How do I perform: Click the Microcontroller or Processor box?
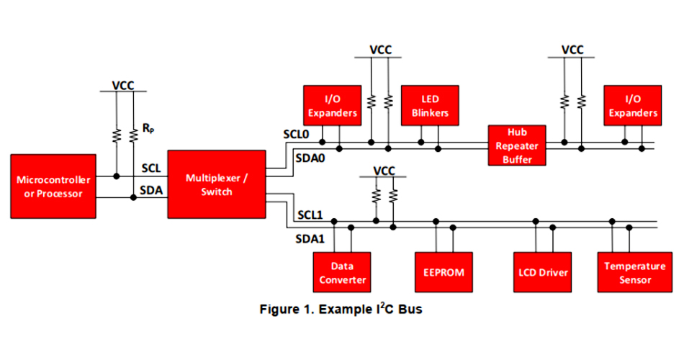coord(53,186)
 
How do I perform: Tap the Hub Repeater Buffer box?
coord(517,145)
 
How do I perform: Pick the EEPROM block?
coord(444,272)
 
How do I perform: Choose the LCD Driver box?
coord(543,272)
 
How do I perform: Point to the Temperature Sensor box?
coord(625,272)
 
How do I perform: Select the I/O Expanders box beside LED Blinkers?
coord(332,106)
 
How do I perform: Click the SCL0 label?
coord(296,135)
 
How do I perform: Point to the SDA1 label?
coord(310,238)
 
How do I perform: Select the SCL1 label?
coord(310,215)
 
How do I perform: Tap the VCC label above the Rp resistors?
coord(123,86)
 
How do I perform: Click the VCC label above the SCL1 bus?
coord(384,171)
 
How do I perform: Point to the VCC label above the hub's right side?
coord(572,50)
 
